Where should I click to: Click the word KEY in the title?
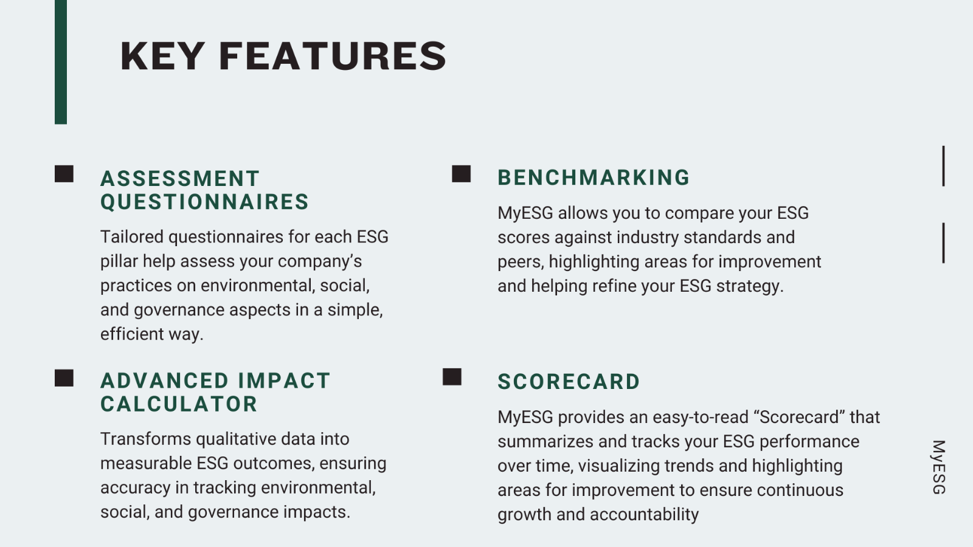coord(162,56)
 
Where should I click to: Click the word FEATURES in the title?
coord(333,56)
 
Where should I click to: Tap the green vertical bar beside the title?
coord(61,62)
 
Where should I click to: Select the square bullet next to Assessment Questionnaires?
coord(64,174)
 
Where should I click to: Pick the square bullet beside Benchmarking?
coord(462,174)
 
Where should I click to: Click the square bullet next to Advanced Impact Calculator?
coord(64,378)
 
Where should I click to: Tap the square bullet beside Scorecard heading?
coord(452,377)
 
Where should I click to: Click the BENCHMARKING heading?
coord(594,177)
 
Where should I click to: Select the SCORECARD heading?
coord(569,382)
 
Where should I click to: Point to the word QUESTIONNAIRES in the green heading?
coord(204,202)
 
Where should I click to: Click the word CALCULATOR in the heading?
coord(179,404)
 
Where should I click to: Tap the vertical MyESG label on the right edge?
coord(939,467)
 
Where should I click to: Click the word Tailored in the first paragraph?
coord(132,237)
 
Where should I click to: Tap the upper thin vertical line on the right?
coord(943,167)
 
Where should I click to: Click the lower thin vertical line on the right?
coord(943,243)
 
